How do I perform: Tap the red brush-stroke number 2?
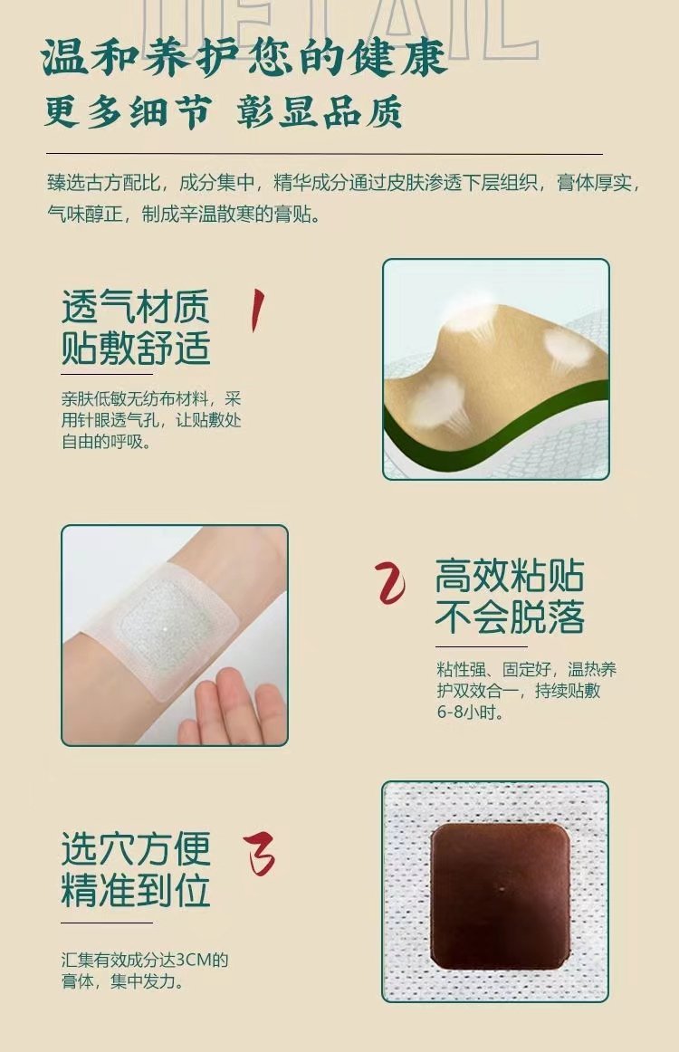(390, 582)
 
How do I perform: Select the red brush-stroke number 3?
(259, 855)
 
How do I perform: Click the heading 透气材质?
(136, 307)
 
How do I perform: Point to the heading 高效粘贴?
(510, 576)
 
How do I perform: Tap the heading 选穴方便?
(136, 848)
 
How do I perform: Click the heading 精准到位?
(136, 890)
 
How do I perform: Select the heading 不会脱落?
(510, 617)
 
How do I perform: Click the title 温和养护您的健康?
(244, 57)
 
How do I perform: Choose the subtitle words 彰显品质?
(320, 111)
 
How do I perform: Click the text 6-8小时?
(471, 712)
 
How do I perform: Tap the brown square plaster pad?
(500, 895)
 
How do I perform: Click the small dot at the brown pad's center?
(502, 890)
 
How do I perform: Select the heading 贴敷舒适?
(136, 348)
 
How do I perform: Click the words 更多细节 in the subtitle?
(129, 111)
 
